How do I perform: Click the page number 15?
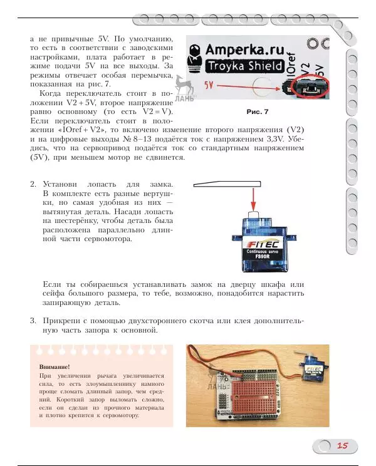tap(342, 445)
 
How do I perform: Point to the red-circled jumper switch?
tap(311, 88)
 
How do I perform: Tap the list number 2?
tap(33, 185)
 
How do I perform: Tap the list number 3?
tap(33, 321)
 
